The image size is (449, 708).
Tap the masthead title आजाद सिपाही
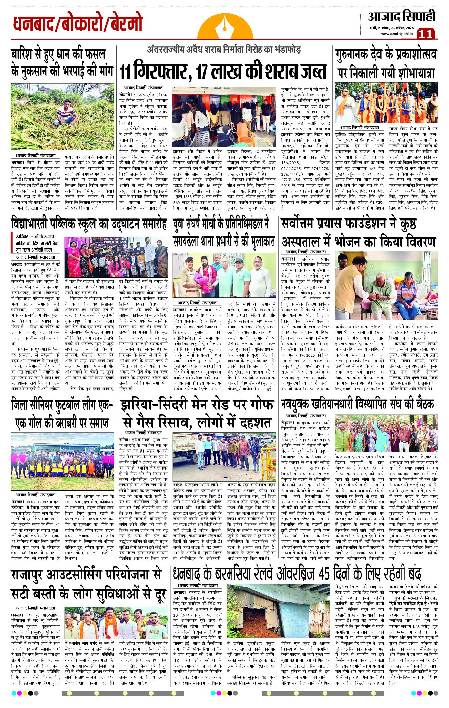click(x=402, y=17)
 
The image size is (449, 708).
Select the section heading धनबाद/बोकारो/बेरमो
click(x=78, y=23)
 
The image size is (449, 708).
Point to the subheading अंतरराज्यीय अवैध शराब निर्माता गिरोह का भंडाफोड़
click(x=224, y=50)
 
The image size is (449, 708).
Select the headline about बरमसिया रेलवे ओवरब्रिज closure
click(x=297, y=574)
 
